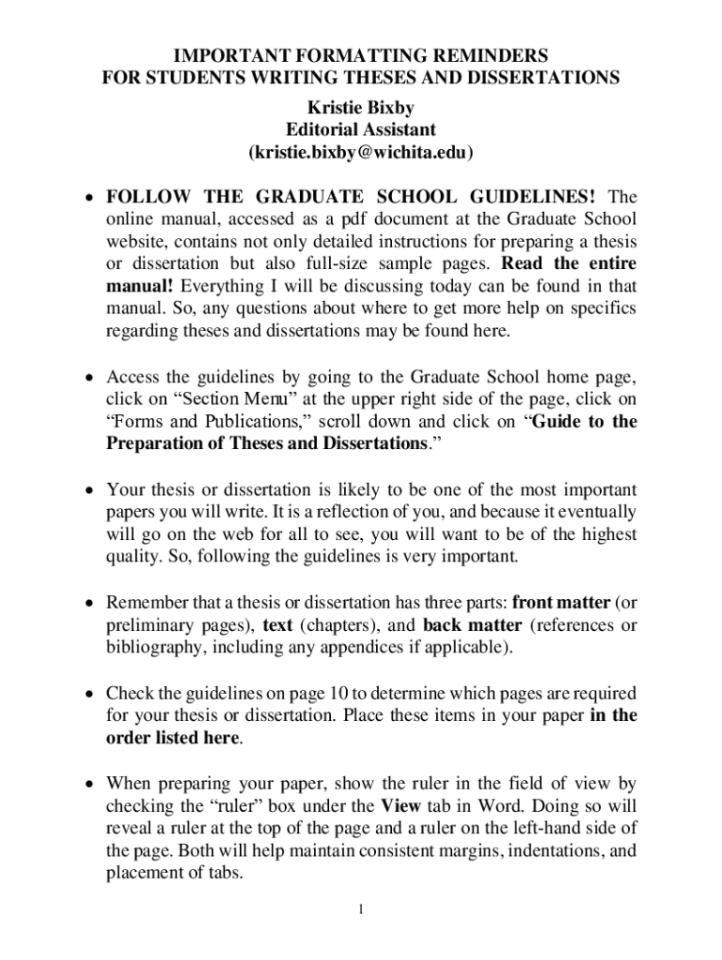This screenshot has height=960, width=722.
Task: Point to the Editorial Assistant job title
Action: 361,129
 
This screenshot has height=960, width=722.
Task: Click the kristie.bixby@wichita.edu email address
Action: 361,152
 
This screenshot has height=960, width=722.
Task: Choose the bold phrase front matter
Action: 562,602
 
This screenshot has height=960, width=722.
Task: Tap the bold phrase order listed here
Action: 173,738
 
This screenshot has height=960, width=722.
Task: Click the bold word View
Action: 399,805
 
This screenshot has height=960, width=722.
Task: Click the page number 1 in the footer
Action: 361,909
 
